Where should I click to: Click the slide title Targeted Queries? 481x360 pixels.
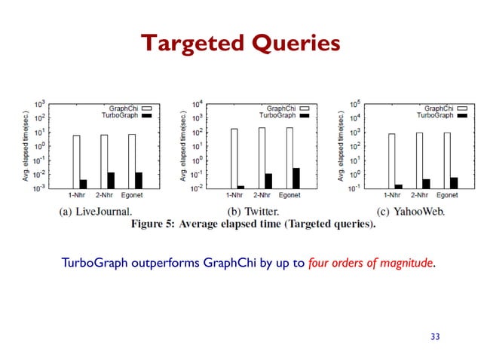click(x=240, y=44)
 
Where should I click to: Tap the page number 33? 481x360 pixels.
click(x=434, y=336)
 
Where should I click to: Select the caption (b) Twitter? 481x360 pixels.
click(x=253, y=212)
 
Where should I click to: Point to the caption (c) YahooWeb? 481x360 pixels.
click(x=411, y=212)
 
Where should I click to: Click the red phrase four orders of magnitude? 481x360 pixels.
click(x=371, y=264)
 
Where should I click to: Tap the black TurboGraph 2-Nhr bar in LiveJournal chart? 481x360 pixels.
click(x=111, y=180)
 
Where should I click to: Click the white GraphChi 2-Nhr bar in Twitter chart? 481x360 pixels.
click(x=261, y=157)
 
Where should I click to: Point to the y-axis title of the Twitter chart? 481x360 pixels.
click(x=184, y=147)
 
